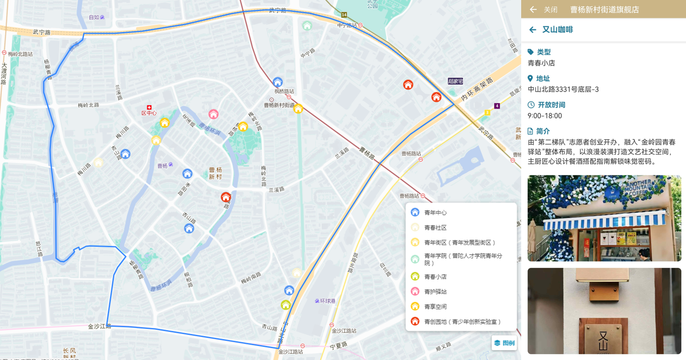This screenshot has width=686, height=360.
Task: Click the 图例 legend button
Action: pyautogui.click(x=504, y=343)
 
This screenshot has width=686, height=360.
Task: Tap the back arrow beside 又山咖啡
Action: pyautogui.click(x=533, y=30)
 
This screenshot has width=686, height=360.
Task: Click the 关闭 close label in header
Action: pyautogui.click(x=550, y=9)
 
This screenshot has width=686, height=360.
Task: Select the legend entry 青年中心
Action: pyautogui.click(x=435, y=212)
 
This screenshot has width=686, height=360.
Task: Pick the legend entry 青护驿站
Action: pyautogui.click(x=435, y=291)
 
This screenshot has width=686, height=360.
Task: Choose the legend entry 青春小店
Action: pyautogui.click(x=435, y=277)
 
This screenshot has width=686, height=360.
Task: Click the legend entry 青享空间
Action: pyautogui.click(x=435, y=307)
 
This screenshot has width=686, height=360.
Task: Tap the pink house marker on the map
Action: pyautogui.click(x=213, y=114)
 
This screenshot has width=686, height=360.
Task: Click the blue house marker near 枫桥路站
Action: pyautogui.click(x=278, y=82)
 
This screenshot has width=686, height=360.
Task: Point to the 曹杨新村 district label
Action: pyautogui.click(x=216, y=173)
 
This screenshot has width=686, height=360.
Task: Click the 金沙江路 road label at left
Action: pyautogui.click(x=99, y=326)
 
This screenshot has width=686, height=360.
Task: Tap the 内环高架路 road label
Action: pyautogui.click(x=477, y=89)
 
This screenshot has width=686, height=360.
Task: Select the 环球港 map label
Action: pyautogui.click(x=328, y=301)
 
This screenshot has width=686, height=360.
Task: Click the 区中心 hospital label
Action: pyautogui.click(x=149, y=113)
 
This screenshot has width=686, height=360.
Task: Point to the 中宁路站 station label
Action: pyautogui.click(x=346, y=25)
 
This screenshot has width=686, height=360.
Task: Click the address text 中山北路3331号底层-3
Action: pyautogui.click(x=563, y=89)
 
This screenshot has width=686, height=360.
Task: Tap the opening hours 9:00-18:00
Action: pyautogui.click(x=545, y=116)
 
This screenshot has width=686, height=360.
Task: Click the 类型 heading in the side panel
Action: pyautogui.click(x=544, y=52)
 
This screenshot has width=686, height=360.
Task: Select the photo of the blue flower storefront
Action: pyautogui.click(x=604, y=218)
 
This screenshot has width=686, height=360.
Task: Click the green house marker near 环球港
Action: pyautogui.click(x=286, y=305)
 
